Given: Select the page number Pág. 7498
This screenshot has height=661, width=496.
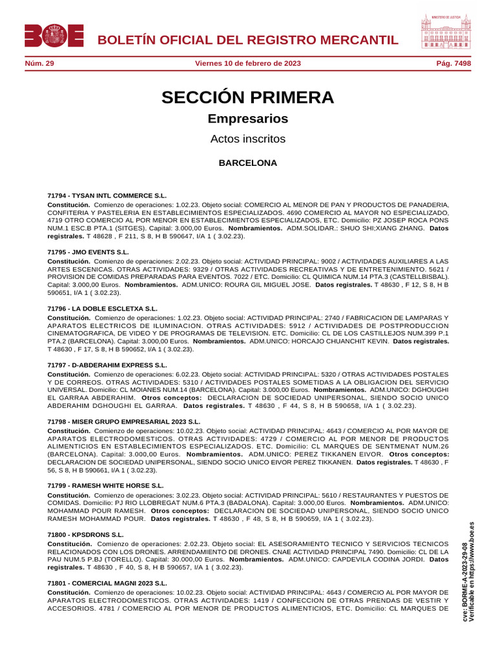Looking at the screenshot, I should (x=453, y=63).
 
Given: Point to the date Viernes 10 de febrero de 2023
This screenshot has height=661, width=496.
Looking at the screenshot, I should (x=248, y=63).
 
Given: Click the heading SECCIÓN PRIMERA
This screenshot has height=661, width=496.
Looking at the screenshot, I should (x=248, y=97).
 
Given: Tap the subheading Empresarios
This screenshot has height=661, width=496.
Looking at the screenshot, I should (x=248, y=119).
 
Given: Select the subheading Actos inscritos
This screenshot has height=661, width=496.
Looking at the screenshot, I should (x=248, y=139).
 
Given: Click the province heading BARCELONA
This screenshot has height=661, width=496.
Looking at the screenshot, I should (x=248, y=163).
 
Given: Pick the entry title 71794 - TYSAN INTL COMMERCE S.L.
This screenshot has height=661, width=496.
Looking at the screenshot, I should (x=107, y=195).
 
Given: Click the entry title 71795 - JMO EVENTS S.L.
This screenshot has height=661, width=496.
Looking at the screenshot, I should (x=88, y=252).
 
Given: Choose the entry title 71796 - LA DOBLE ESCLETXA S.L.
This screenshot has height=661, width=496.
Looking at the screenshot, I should (x=103, y=309).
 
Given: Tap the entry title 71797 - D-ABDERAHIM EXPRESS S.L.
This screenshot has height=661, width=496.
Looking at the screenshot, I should (x=108, y=365).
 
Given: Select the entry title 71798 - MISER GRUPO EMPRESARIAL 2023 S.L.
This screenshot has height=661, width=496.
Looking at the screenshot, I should (x=124, y=422).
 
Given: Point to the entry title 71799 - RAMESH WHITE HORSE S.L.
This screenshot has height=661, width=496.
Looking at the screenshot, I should (x=106, y=485).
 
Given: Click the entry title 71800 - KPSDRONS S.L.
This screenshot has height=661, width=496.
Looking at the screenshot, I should (x=86, y=535).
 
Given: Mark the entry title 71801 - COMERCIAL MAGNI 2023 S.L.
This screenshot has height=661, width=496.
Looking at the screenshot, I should (x=107, y=583).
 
